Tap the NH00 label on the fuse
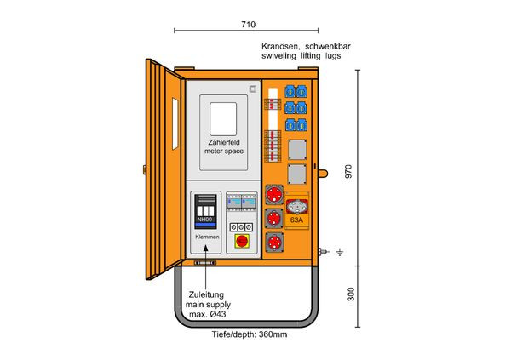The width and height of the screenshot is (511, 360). pos(205,221)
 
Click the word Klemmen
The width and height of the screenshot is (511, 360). pos(206,235)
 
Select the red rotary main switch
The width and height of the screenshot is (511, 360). pos(241,243)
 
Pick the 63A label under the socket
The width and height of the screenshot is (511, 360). pos(296,220)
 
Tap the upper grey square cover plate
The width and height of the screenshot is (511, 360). pos(296,151)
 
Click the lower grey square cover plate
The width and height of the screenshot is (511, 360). pos(296,176)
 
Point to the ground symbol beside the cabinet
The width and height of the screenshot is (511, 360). pos(339,252)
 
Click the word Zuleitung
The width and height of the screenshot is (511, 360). pos(207,294)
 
